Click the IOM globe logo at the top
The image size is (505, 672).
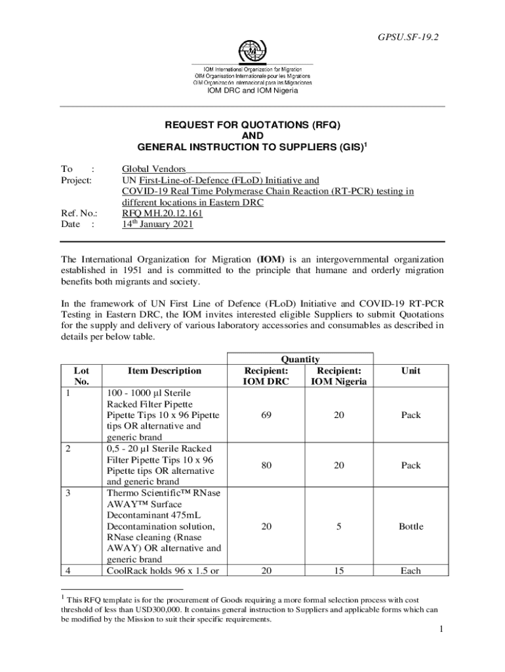[253, 51]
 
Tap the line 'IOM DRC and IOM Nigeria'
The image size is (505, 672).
[253, 91]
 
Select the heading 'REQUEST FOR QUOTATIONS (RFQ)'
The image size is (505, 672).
[253, 124]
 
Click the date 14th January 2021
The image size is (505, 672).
[157, 224]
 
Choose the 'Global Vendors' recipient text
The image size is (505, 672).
[154, 169]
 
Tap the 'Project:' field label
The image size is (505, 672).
[77, 180]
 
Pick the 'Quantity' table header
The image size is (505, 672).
[300, 359]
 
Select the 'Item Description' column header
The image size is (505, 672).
[155, 371]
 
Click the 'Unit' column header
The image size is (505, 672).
[411, 371]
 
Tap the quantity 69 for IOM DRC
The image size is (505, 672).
[266, 415]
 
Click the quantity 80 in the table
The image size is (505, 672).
[266, 465]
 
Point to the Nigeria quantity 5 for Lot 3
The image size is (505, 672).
[338, 526]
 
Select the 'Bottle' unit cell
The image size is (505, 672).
[411, 526]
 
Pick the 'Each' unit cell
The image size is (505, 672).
[411, 570]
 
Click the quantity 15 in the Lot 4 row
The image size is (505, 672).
[338, 570]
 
